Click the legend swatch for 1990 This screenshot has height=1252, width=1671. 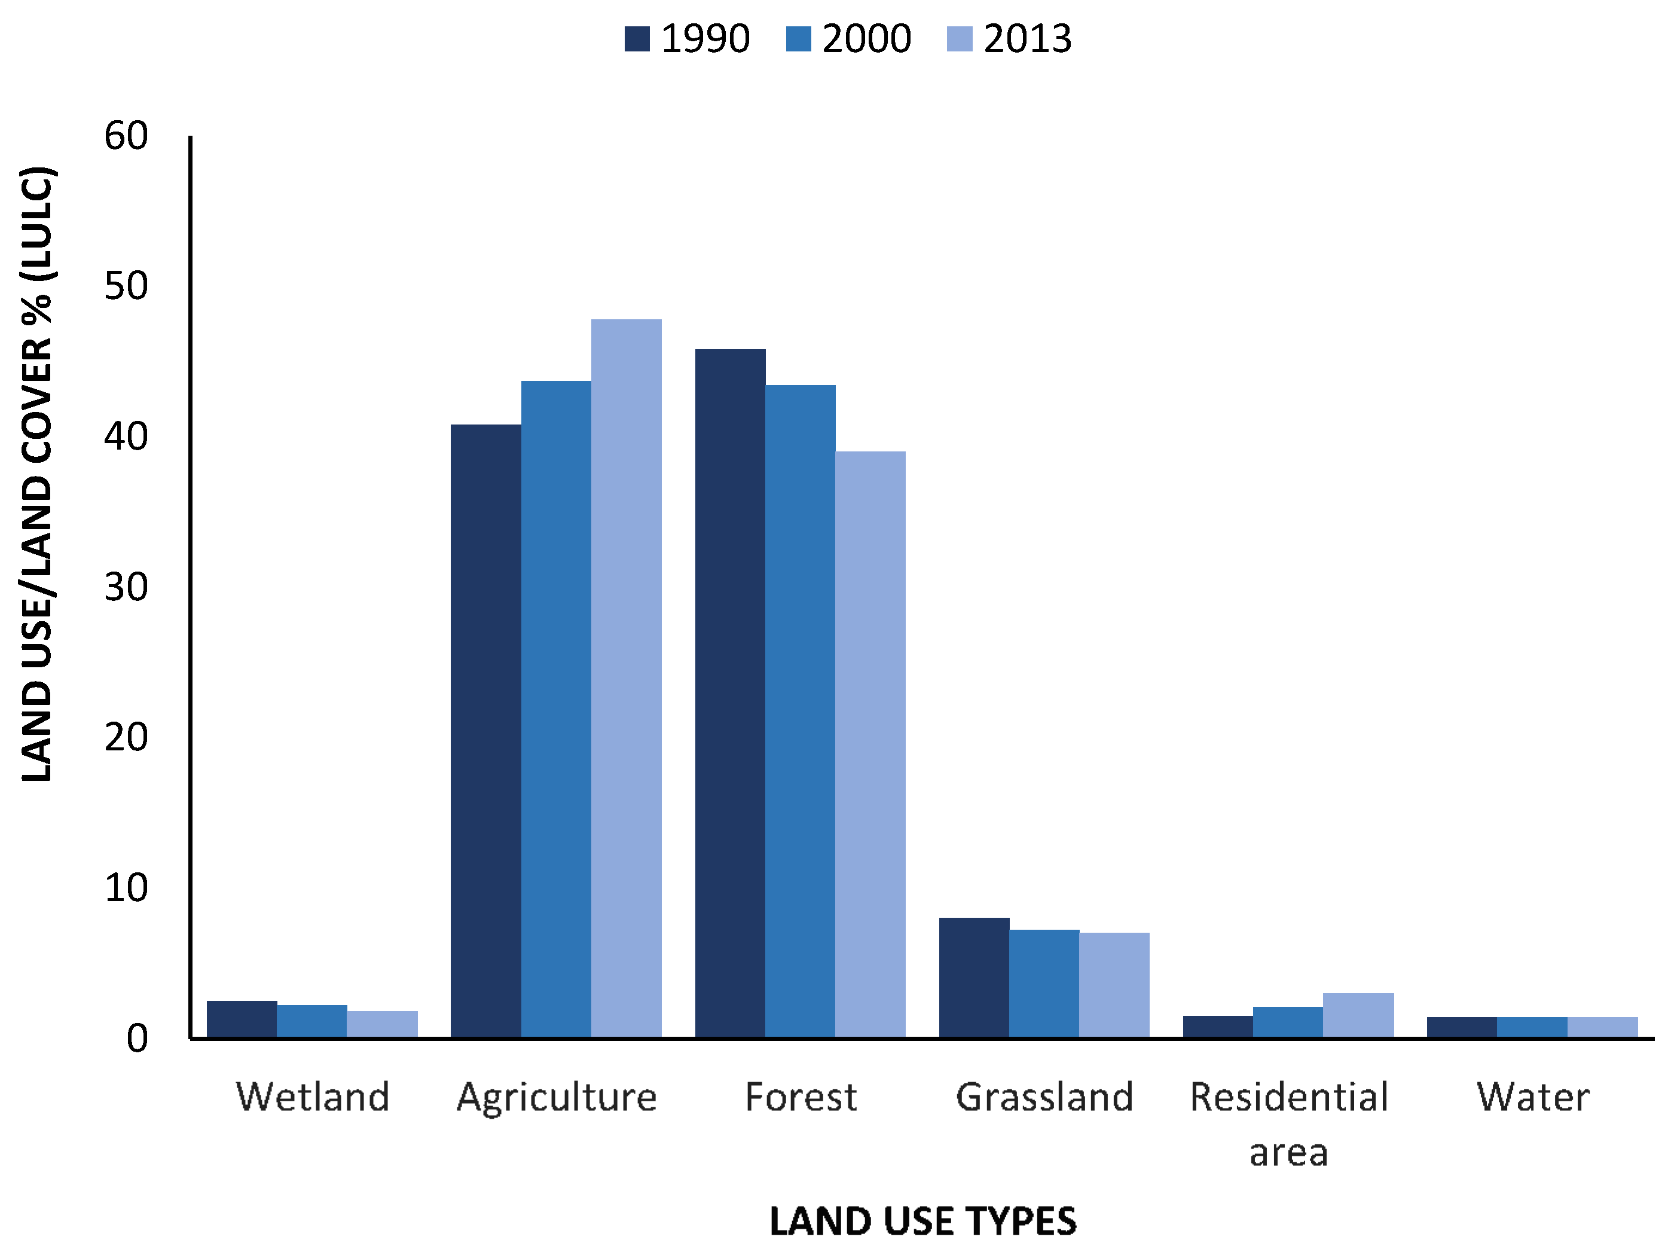pyautogui.click(x=637, y=38)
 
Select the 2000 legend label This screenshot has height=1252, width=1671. pyautogui.click(x=866, y=38)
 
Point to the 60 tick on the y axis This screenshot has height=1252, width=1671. pyautogui.click(x=126, y=137)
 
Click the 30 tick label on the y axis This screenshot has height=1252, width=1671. pyautogui.click(x=126, y=587)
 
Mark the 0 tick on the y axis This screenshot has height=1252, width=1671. pyautogui.click(x=138, y=1039)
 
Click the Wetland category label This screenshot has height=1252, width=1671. pyautogui.click(x=313, y=1097)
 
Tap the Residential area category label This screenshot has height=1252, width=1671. pyautogui.click(x=1289, y=1124)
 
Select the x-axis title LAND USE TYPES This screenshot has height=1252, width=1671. pyautogui.click(x=922, y=1222)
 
